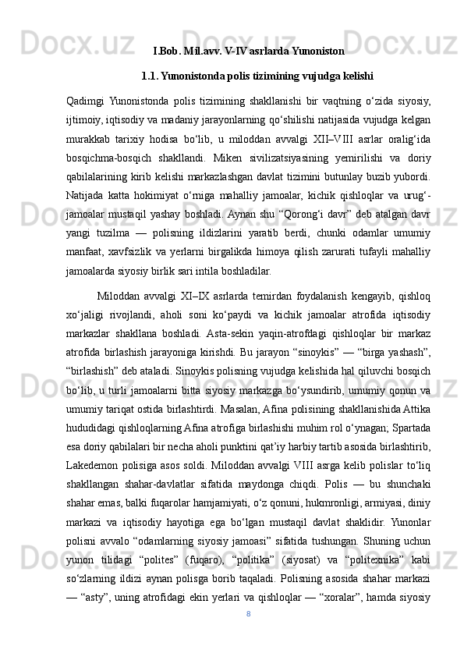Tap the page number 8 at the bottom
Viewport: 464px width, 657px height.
(248, 636)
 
